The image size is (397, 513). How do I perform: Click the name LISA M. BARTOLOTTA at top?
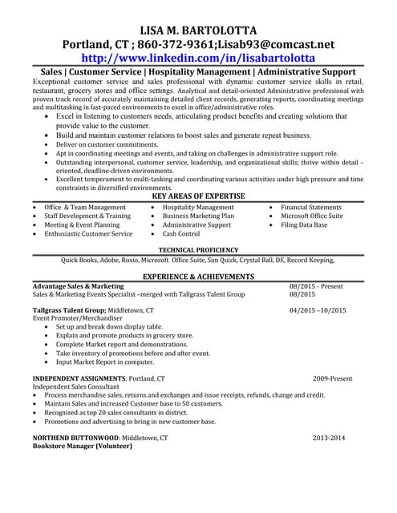coord(198,30)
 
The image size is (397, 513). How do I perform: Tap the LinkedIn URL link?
coord(198,59)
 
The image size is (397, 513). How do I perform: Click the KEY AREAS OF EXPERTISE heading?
coord(198,196)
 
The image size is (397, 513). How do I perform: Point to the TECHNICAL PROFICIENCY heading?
coord(198,250)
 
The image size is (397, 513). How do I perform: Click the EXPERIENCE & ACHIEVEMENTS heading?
coord(198,277)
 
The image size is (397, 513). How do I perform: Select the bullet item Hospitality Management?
coord(198,208)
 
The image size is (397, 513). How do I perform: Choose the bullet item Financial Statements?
coord(310,208)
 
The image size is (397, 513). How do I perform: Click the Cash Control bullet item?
coord(180,235)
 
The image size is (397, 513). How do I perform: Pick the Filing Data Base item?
coord(304,225)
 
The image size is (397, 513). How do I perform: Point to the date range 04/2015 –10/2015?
coord(318,309)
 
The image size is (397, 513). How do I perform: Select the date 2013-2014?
coord(329,438)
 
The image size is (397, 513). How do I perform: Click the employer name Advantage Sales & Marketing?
coord(78,286)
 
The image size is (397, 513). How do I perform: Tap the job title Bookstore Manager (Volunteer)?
coord(79,447)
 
